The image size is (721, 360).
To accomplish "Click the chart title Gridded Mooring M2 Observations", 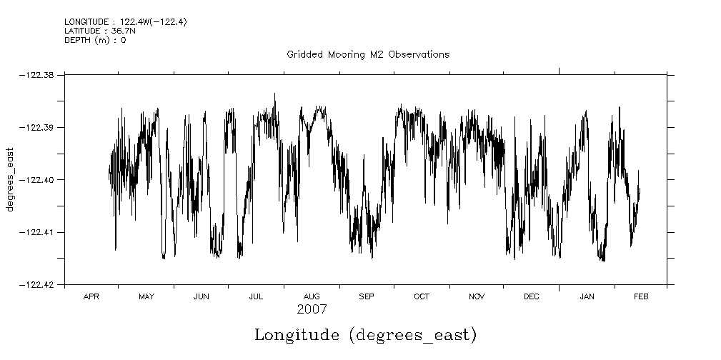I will [368, 55].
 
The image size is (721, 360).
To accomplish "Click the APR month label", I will [91, 296].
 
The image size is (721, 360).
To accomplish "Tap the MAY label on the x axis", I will [146, 296].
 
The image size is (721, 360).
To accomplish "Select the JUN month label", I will [201, 296].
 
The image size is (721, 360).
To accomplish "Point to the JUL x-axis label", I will [256, 296].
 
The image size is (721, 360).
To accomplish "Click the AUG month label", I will [311, 296].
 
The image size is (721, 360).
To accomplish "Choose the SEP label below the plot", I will [366, 296].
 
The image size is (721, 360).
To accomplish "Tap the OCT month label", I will [421, 296].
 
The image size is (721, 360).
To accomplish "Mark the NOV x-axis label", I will [476, 296].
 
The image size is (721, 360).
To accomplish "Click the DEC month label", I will [531, 296].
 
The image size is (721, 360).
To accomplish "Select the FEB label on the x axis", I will [641, 296].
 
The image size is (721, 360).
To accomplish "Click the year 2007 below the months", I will [312, 309].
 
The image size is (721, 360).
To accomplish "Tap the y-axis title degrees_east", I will [11, 180].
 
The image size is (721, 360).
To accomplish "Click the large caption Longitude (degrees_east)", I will [365, 335].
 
